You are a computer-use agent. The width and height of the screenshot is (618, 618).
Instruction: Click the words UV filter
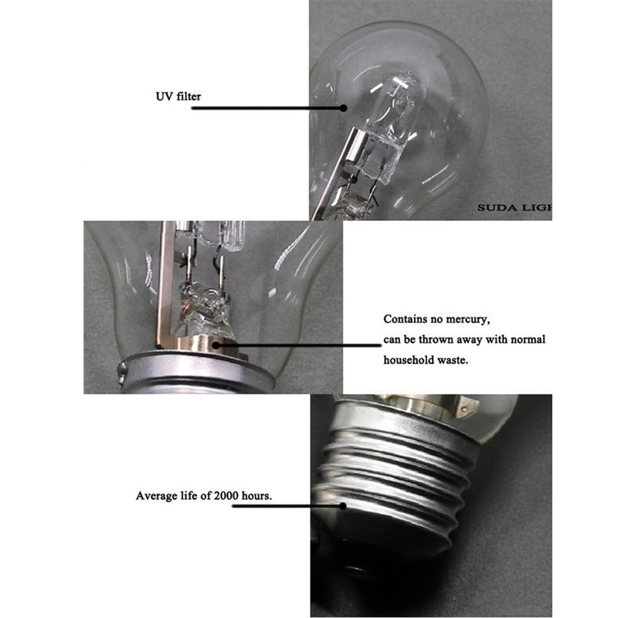(178, 97)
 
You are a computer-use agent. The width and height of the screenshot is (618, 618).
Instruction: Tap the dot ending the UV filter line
(344, 107)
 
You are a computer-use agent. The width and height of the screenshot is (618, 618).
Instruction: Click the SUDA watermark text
(514, 208)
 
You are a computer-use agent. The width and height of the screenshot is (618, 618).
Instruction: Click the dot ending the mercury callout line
(216, 345)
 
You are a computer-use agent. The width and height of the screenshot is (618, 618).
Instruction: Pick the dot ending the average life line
(343, 506)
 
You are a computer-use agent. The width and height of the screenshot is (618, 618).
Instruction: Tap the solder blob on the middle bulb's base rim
(123, 372)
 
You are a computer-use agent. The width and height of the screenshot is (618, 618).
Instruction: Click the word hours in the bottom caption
(256, 495)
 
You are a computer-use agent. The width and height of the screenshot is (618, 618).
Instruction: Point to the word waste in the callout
(456, 360)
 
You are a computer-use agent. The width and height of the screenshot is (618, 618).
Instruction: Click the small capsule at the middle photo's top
(233, 236)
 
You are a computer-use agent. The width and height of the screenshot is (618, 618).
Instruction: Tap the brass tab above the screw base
(467, 408)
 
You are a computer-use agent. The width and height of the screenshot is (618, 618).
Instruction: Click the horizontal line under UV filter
(267, 108)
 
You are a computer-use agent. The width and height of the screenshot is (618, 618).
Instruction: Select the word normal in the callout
(528, 339)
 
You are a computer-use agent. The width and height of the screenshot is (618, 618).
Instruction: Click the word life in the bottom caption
(189, 495)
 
